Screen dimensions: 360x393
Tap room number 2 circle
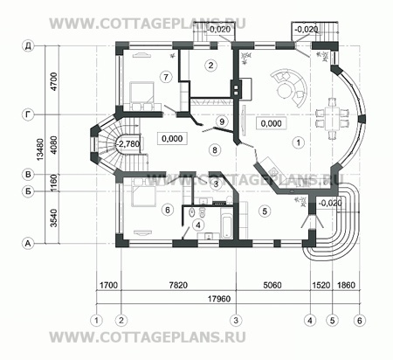coord(211,65)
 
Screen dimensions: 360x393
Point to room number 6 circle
coord(166,211)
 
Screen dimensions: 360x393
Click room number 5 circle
coord(262,210)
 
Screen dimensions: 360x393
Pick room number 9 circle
coord(222,120)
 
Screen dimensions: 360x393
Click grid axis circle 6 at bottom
coord(358,320)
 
